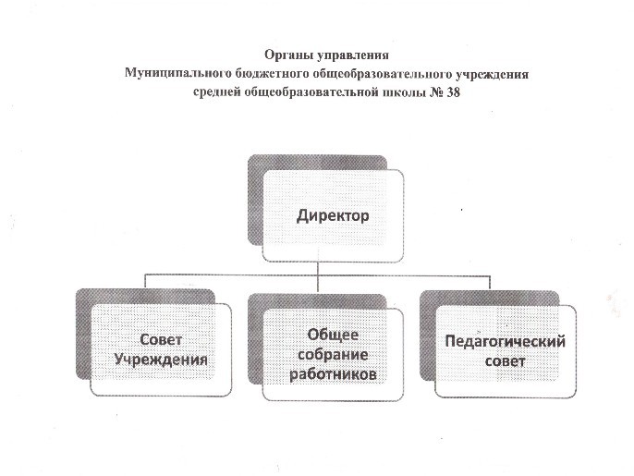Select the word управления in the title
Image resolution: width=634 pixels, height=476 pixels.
(x=353, y=55)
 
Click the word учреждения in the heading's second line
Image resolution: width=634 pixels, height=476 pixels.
(x=492, y=74)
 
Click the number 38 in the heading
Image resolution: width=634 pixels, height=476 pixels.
(x=453, y=92)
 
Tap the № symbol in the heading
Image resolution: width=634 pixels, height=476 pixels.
(x=435, y=92)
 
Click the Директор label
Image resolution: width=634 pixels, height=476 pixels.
(x=333, y=215)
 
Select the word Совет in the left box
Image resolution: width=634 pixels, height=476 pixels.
(x=161, y=340)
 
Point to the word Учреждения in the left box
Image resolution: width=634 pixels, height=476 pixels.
(x=161, y=360)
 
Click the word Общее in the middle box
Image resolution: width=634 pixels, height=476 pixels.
(x=333, y=335)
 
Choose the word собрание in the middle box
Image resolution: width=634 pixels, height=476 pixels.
(x=333, y=355)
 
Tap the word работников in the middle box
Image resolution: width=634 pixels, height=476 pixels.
(x=333, y=374)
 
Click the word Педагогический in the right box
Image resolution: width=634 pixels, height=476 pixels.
(x=505, y=342)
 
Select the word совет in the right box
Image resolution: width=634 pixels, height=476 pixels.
(x=505, y=361)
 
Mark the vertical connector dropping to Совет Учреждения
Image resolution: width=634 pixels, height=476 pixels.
(x=146, y=282)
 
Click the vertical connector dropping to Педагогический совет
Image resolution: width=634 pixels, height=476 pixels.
(x=490, y=283)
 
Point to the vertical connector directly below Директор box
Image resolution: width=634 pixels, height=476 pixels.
(x=318, y=277)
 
